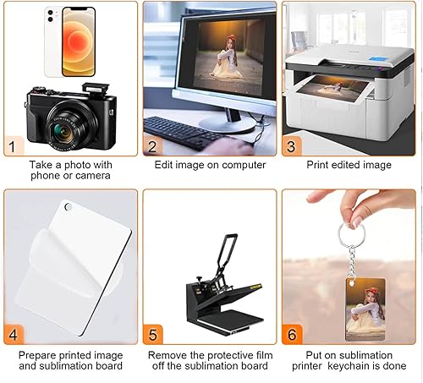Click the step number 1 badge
[x=14, y=145]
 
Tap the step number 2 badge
[x=152, y=145]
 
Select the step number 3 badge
[x=292, y=145]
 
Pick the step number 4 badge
[x=14, y=334]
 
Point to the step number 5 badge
[x=152, y=335]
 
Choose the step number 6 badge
[x=292, y=334]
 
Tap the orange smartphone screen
[x=78, y=41]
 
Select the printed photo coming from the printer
[x=333, y=89]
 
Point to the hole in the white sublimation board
[x=69, y=206]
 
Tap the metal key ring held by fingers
[x=351, y=234]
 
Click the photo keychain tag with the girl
[x=365, y=309]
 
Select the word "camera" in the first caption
[x=92, y=176]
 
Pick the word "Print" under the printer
[x=317, y=165]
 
